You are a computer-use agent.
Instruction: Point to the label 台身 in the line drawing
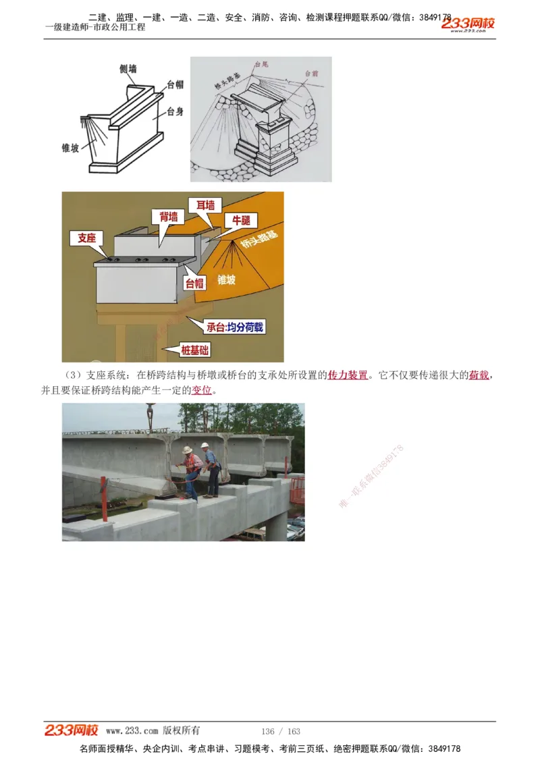tap(175, 111)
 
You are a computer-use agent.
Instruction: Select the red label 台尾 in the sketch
tap(261, 65)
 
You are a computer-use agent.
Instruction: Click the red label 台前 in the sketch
tap(311, 73)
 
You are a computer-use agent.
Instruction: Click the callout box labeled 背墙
tap(169, 216)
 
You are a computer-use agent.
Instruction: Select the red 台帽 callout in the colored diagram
tap(194, 283)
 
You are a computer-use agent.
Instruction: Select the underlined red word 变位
tap(202, 390)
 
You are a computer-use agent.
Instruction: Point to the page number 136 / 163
tap(280, 732)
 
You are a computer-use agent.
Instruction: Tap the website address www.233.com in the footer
tap(132, 731)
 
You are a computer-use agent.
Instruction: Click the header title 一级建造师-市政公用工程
tap(95, 27)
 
